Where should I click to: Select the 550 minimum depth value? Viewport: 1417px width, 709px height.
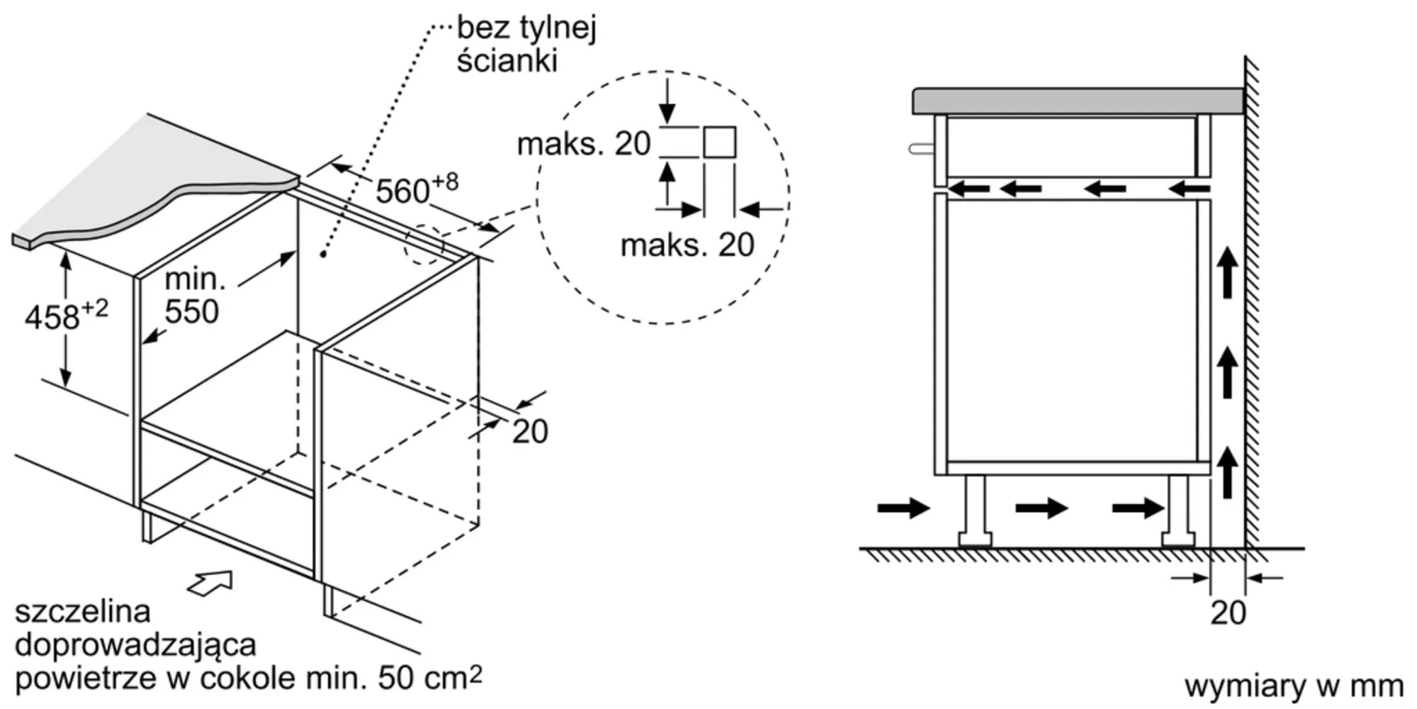pyautogui.click(x=192, y=312)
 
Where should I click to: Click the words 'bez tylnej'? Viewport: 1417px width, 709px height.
pyautogui.click(x=526, y=28)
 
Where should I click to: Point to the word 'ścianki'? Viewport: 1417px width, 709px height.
pyautogui.click(x=507, y=61)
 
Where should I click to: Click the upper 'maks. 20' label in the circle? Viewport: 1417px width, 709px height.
pyautogui.click(x=584, y=144)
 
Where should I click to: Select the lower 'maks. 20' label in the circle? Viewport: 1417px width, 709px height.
pyautogui.click(x=687, y=245)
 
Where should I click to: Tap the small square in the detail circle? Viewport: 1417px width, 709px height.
pyautogui.click(x=719, y=143)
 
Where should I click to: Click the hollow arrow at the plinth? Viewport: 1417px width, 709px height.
pyautogui.click(x=210, y=583)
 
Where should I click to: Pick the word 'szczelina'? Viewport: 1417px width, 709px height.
pyautogui.click(x=83, y=611)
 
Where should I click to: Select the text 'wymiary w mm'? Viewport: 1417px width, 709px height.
pyautogui.click(x=1294, y=686)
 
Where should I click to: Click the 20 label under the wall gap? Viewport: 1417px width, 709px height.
pyautogui.click(x=1228, y=613)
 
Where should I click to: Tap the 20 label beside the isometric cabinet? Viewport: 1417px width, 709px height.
pyautogui.click(x=530, y=432)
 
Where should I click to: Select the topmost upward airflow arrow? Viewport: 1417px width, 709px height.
pyautogui.click(x=1228, y=272)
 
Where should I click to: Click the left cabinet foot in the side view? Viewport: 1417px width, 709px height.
pyautogui.click(x=975, y=511)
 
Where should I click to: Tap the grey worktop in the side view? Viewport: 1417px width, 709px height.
pyautogui.click(x=1078, y=101)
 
